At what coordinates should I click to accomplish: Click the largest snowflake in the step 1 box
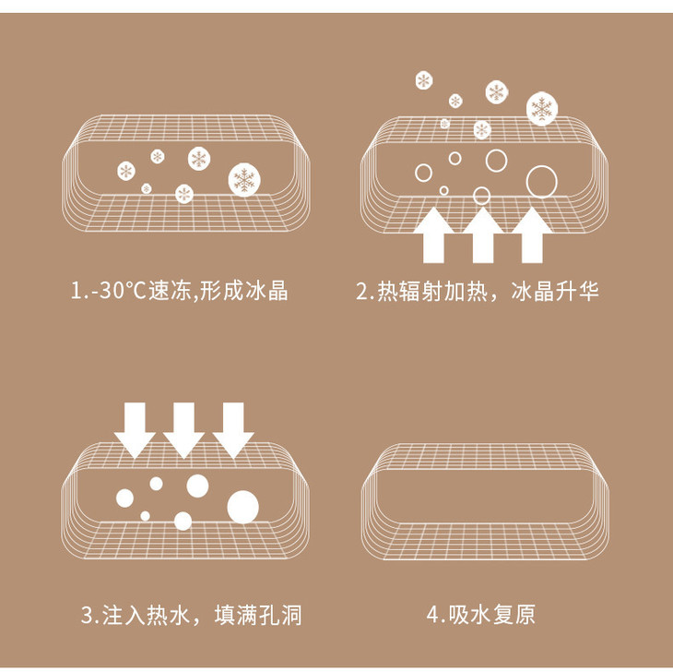244,180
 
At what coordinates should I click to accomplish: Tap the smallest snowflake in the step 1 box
147,188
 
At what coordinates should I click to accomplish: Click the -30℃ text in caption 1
116,291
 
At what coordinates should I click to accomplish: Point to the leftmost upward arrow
433,234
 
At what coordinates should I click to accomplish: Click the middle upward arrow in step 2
483,234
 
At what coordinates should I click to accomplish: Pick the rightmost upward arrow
532,234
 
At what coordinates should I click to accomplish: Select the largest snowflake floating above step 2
542,108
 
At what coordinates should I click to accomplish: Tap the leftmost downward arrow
135,430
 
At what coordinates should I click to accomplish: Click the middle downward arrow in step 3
184,430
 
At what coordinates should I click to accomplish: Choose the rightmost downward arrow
233,430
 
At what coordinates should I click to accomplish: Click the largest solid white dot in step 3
243,507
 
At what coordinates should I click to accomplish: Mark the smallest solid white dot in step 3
145,516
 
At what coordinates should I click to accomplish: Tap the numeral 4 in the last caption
432,615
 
